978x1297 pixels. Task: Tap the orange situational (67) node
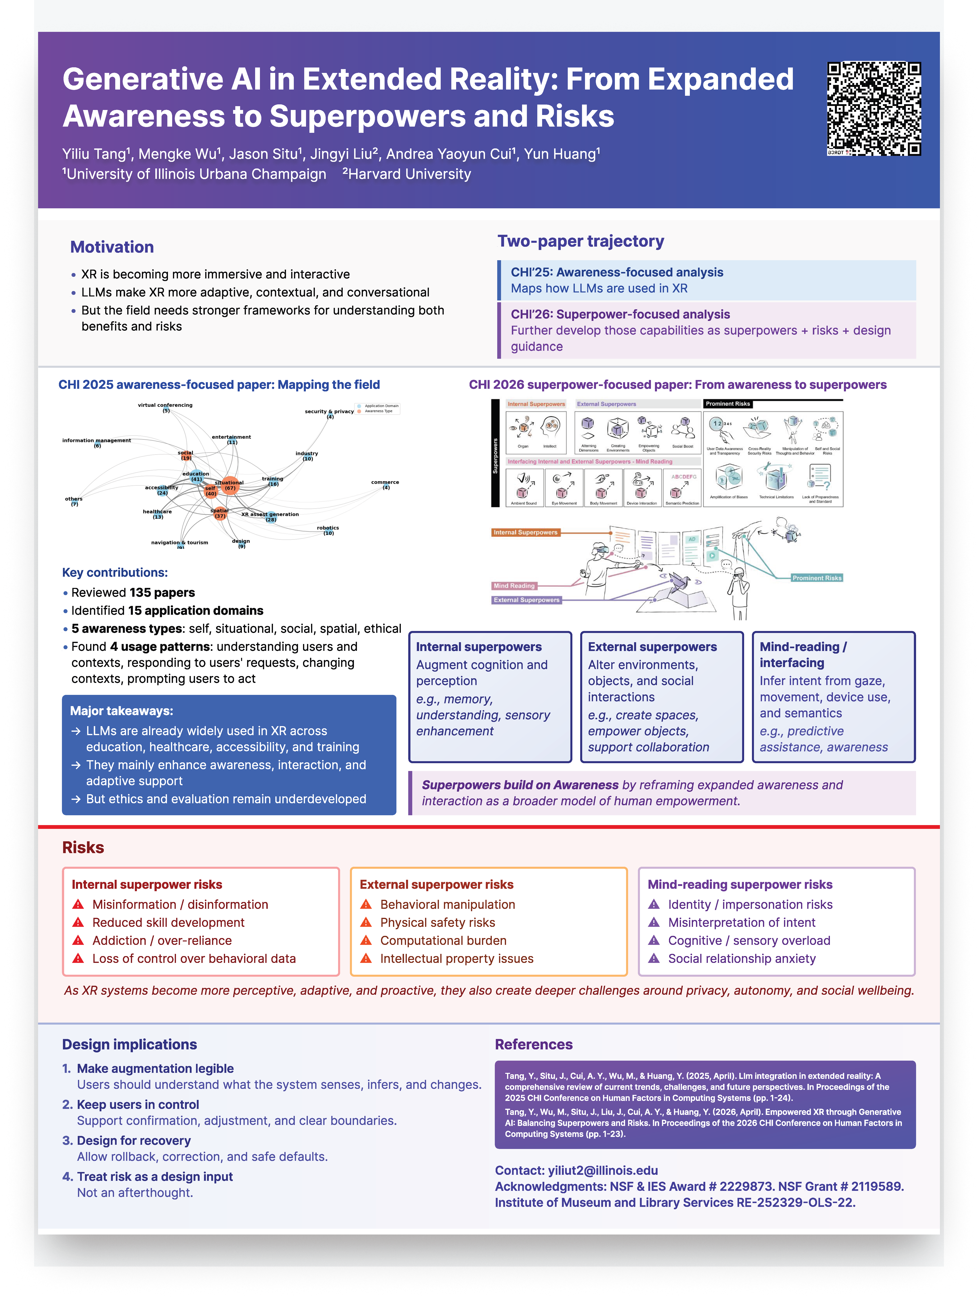tap(230, 486)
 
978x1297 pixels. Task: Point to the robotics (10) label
tap(328, 530)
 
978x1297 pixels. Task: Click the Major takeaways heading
tap(121, 711)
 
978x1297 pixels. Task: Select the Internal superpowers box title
tap(479, 647)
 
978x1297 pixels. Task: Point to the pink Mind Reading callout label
tap(514, 586)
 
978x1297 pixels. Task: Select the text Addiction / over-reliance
tap(162, 940)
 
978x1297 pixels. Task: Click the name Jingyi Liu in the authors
tap(343, 154)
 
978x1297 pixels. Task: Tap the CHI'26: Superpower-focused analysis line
tap(620, 314)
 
